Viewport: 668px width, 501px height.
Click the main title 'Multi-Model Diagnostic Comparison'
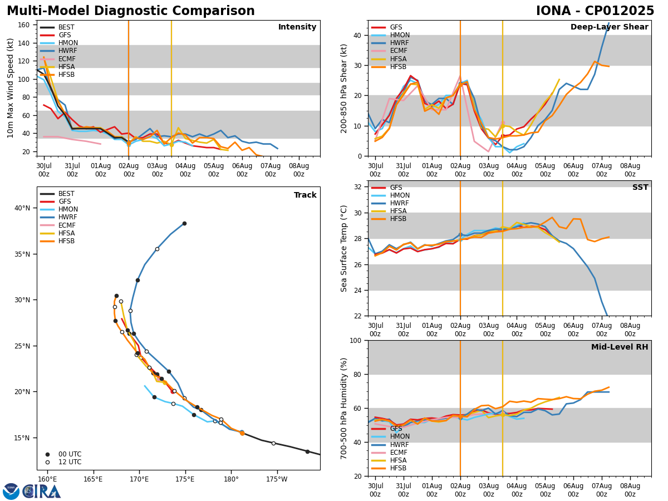[131, 11]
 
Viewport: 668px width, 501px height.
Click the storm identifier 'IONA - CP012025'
[595, 11]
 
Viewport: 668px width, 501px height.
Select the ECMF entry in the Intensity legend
[66, 59]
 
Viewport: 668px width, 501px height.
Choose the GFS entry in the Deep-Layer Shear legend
[396, 27]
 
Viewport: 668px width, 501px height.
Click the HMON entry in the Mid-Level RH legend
[400, 437]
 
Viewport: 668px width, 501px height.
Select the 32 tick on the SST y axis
[358, 187]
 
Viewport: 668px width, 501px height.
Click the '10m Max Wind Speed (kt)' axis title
[11, 88]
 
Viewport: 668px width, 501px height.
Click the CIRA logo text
[42, 492]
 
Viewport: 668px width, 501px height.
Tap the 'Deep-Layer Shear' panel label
[609, 27]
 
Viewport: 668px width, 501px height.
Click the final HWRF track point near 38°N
[184, 224]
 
